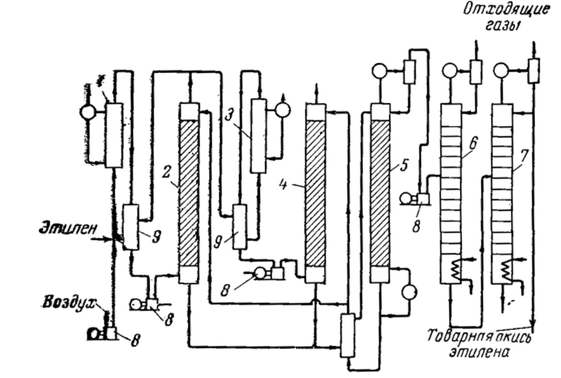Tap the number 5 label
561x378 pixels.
[x=399, y=168]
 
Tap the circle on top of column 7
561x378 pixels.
[x=501, y=71]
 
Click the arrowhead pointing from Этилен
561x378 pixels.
[x=112, y=240]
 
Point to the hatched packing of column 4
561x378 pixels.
[x=316, y=191]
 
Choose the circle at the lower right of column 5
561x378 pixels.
[x=409, y=291]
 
